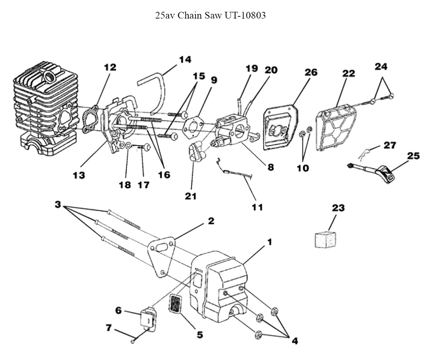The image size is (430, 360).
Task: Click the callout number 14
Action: tap(185, 59)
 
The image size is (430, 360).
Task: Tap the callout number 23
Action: tap(338, 208)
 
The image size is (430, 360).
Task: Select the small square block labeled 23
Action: tap(324, 239)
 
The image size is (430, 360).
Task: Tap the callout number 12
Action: tap(110, 67)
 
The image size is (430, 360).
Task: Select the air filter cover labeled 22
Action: tap(337, 128)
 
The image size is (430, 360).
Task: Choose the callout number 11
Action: tap(257, 207)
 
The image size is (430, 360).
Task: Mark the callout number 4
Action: tap(294, 341)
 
